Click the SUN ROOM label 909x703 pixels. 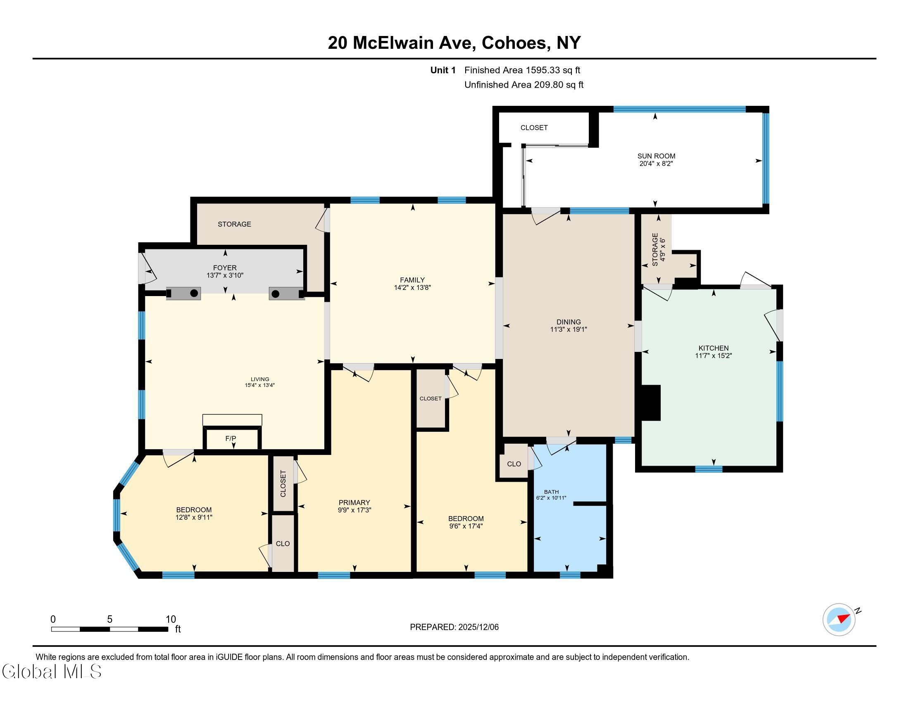(657, 156)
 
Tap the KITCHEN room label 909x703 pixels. (714, 348)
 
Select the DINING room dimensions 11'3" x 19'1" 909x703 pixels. (569, 330)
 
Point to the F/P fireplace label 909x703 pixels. (231, 438)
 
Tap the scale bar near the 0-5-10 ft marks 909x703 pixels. (110, 629)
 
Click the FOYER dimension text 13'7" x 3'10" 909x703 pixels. (225, 275)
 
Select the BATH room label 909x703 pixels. (552, 492)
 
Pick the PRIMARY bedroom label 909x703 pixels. (354, 503)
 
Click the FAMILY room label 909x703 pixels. (412, 280)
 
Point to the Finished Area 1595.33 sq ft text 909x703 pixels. (522, 70)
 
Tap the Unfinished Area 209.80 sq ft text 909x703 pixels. (524, 84)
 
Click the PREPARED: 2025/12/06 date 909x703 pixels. (454, 627)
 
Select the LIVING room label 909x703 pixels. (260, 379)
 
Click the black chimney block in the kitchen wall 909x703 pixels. (650, 403)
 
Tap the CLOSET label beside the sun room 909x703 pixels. (534, 127)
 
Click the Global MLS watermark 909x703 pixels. (52, 671)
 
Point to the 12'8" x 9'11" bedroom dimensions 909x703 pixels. (194, 518)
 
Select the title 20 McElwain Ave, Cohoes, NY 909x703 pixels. (454, 43)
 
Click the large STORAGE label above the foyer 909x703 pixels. (234, 224)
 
